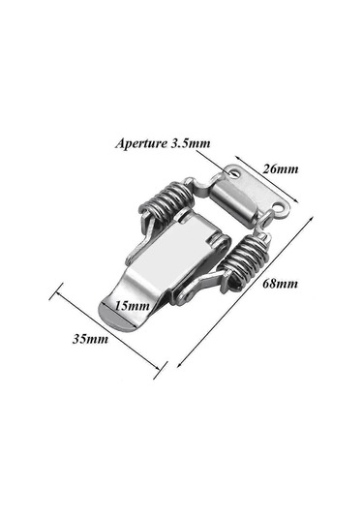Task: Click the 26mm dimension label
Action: [x=280, y=169]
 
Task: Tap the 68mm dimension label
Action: [x=280, y=284]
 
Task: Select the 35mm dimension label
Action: [x=90, y=339]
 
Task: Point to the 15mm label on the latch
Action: [x=132, y=306]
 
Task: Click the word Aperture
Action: [x=141, y=143]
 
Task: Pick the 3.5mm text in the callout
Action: [x=191, y=143]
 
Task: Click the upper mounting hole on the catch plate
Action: [x=235, y=172]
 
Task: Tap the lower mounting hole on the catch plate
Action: [x=281, y=208]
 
